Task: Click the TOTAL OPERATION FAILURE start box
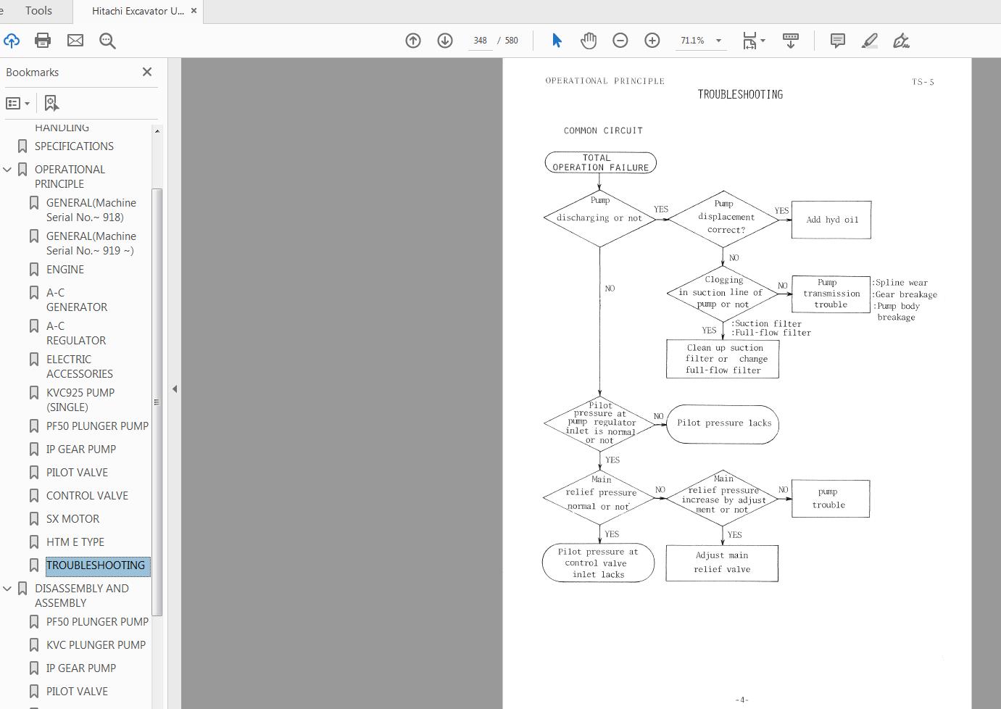click(x=600, y=162)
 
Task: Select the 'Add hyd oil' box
click(x=831, y=220)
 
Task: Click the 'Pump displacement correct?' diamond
click(x=723, y=217)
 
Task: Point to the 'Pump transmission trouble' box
click(x=831, y=294)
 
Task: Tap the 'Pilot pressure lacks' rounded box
click(x=723, y=423)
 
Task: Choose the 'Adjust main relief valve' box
click(x=722, y=563)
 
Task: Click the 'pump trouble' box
click(x=830, y=498)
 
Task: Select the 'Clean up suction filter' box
click(x=723, y=359)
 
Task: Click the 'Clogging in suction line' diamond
click(x=722, y=293)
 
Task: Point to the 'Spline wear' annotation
click(x=901, y=283)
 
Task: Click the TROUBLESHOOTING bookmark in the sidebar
click(x=96, y=565)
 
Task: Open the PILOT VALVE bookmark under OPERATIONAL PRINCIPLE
click(x=77, y=473)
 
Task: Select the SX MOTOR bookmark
click(x=72, y=519)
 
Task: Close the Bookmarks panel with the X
click(x=147, y=72)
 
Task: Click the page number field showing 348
click(x=480, y=41)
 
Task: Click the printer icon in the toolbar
click(x=43, y=41)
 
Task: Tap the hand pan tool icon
click(x=589, y=41)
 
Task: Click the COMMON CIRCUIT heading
click(x=603, y=130)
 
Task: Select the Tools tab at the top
click(x=38, y=11)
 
